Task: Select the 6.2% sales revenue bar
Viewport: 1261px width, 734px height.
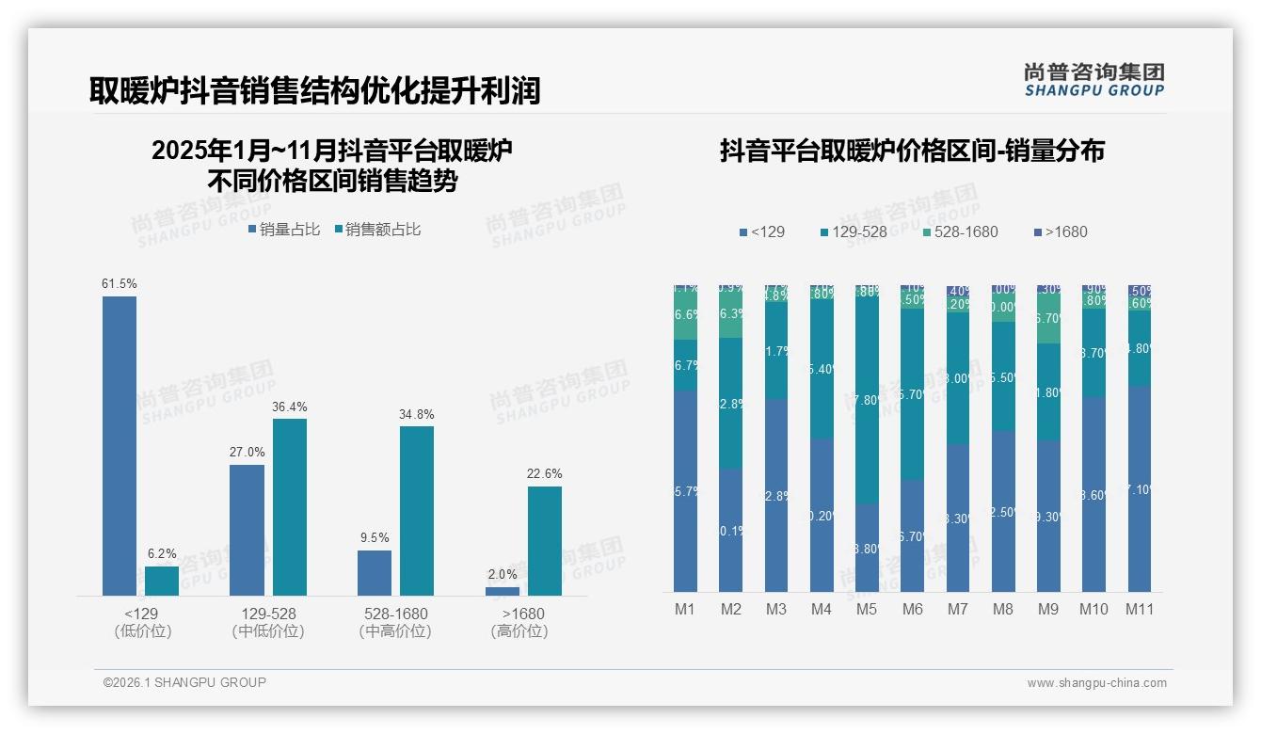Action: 162,581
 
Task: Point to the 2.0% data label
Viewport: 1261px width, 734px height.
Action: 503,574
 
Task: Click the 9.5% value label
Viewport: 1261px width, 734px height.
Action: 375,537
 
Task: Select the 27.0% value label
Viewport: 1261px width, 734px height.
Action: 247,452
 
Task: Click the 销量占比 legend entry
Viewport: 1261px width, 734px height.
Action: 284,230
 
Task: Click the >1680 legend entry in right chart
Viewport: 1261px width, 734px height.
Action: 1061,231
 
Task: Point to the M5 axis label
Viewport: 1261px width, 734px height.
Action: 867,609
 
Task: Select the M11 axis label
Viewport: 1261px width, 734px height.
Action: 1140,609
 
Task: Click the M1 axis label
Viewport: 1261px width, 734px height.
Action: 685,609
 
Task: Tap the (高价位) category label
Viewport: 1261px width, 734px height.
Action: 519,631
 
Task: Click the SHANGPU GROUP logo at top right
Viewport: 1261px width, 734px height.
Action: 1093,79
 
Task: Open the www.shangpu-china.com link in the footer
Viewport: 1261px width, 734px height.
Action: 1096,683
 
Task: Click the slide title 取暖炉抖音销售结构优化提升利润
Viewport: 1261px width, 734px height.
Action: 315,90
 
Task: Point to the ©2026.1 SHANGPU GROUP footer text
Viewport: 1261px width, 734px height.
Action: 184,682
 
